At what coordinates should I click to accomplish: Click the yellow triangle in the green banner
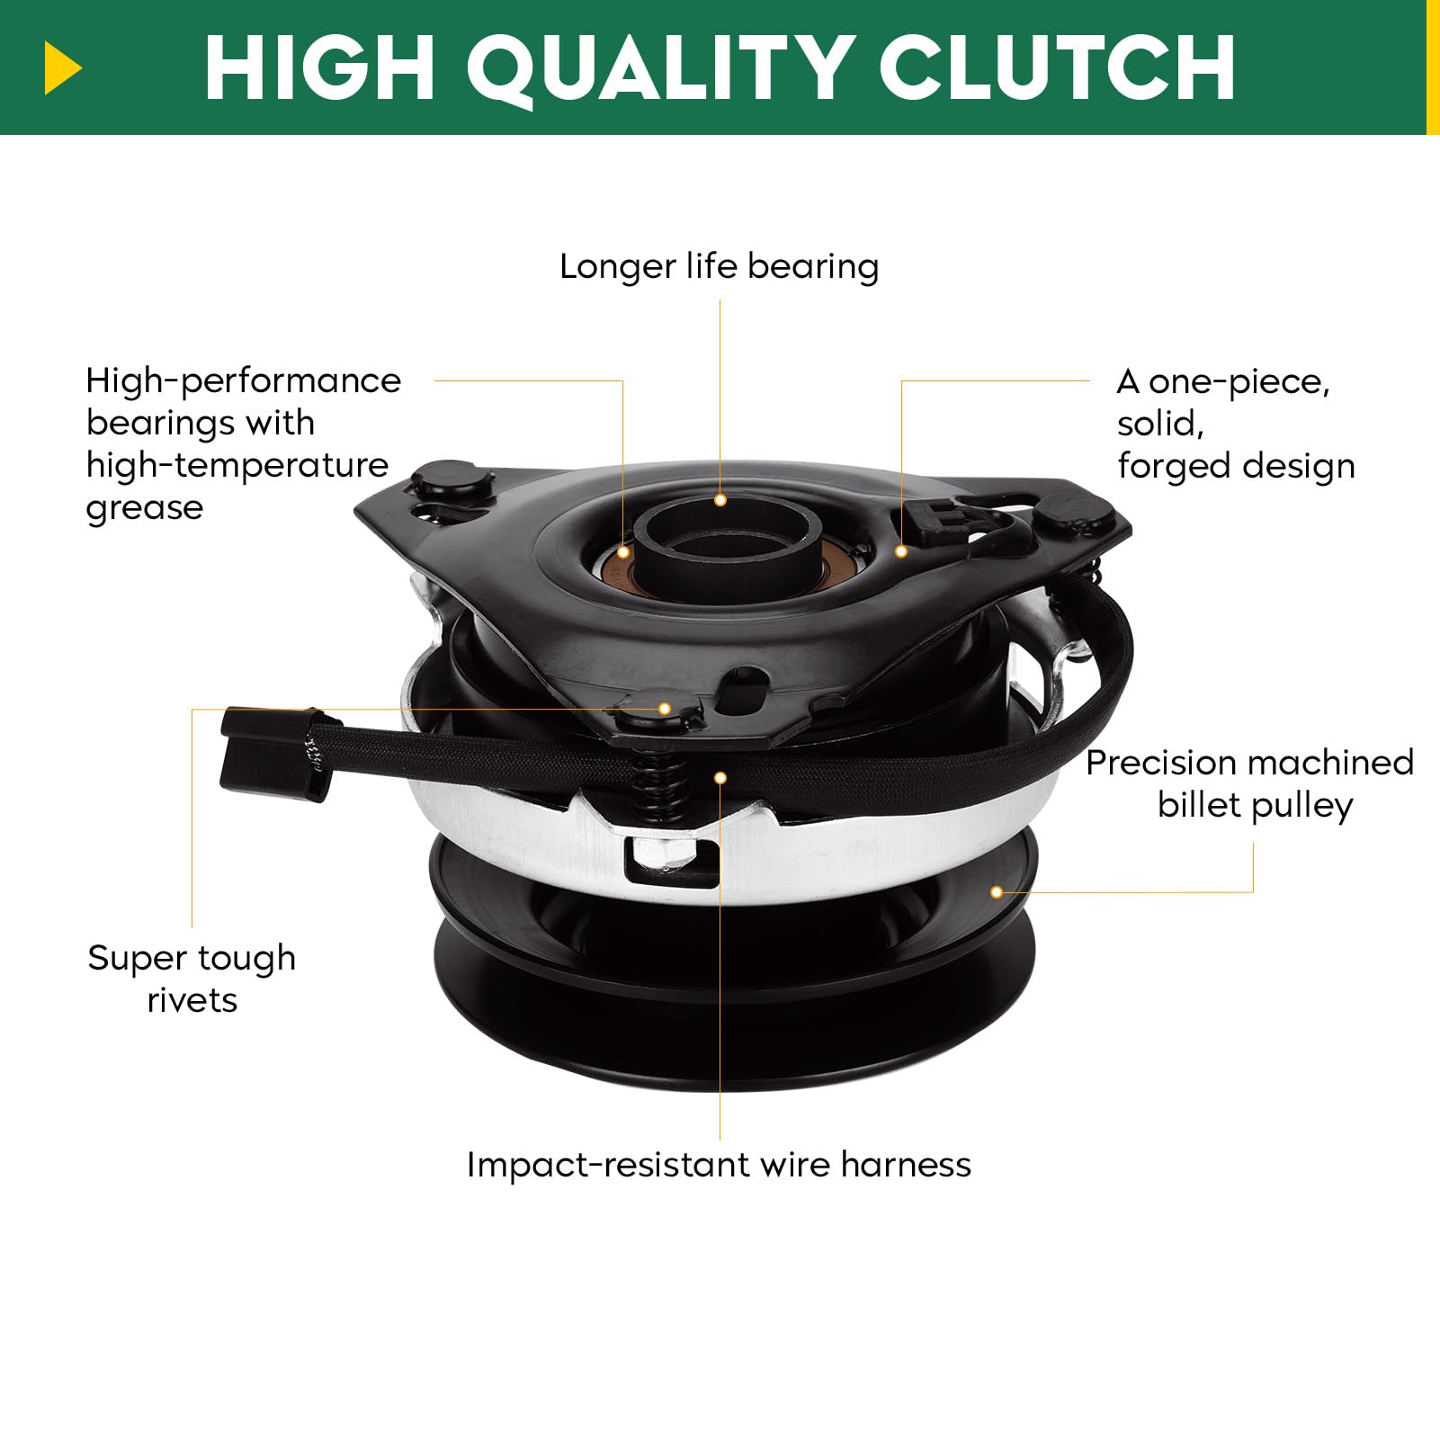click(62, 68)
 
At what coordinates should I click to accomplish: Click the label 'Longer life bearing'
click(720, 267)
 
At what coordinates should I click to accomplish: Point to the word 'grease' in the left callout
click(145, 509)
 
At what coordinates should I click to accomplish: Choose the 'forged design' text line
click(1236, 467)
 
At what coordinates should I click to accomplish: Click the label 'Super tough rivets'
click(192, 979)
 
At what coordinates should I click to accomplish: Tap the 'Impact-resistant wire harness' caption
click(719, 1165)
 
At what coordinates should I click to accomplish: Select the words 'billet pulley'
click(1255, 805)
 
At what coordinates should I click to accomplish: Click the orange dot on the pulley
click(997, 892)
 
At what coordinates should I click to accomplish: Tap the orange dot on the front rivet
click(665, 709)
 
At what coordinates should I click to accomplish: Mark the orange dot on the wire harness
click(720, 778)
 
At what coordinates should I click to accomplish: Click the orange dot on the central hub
click(720, 500)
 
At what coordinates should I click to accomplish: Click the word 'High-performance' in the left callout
click(244, 381)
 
